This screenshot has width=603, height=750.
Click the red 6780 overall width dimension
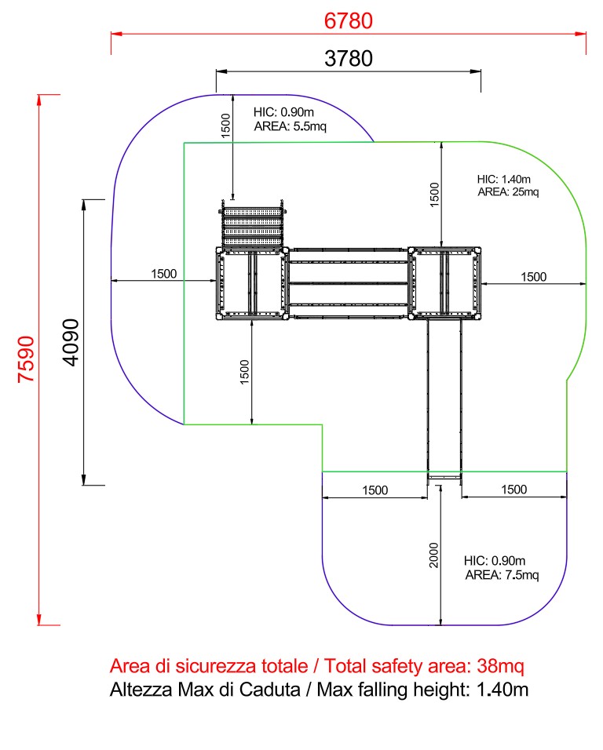tap(348, 21)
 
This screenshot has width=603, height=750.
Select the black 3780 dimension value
tap(349, 58)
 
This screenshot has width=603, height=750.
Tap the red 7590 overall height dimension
tap(27, 359)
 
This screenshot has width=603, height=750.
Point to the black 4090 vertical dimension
tap(71, 343)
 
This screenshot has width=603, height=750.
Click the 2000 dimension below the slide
tap(433, 555)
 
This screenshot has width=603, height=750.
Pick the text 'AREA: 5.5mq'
tap(290, 126)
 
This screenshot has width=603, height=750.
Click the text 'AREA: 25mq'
tap(508, 191)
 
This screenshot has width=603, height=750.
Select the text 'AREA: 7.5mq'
tap(502, 574)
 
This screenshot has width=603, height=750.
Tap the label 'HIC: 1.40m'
tap(503, 180)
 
